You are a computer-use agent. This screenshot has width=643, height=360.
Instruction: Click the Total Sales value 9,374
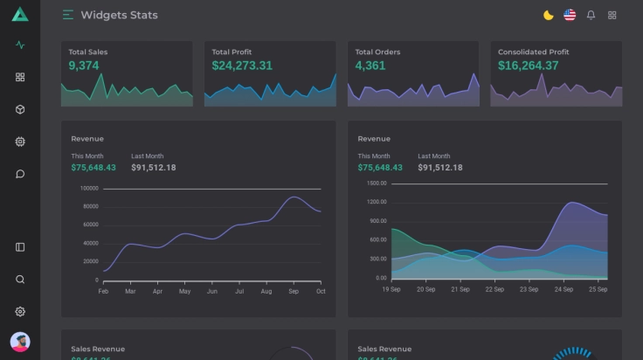84,66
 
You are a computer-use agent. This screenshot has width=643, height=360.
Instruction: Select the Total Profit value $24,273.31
242,66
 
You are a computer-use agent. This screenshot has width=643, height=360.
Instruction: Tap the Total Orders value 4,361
370,66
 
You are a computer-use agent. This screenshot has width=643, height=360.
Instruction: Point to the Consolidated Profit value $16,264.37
528,66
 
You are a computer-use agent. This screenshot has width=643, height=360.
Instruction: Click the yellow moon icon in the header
548,15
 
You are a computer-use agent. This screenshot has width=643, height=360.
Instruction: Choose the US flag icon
570,15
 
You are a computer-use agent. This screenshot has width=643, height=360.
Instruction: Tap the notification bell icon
591,15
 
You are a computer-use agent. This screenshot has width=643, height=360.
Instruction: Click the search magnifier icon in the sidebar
20,280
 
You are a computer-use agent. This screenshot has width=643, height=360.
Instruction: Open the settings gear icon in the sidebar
20,311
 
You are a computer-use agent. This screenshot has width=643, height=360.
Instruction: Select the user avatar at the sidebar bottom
20,342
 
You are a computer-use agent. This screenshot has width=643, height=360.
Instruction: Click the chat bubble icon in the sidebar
20,174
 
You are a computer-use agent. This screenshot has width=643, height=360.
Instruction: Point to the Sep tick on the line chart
294,291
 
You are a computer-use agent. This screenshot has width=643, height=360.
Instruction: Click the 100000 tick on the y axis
89,188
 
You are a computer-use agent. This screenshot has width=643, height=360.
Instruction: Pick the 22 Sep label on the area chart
494,289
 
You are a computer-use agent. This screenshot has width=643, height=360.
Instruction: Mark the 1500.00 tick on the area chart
377,183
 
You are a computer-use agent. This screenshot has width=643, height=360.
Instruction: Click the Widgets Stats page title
119,15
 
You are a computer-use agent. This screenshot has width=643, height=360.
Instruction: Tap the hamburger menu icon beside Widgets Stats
68,15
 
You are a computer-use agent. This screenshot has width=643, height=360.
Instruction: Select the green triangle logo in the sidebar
20,14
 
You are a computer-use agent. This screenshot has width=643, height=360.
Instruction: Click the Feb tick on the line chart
103,291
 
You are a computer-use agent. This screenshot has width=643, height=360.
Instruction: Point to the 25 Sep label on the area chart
598,289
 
